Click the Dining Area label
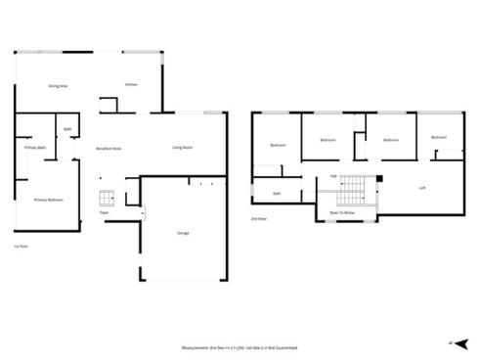click(x=58, y=86)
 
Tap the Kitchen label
click(x=131, y=84)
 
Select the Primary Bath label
click(x=22, y=148)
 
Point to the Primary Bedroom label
click(x=48, y=200)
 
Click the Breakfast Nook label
click(x=109, y=148)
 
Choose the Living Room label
click(x=182, y=148)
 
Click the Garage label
click(x=183, y=233)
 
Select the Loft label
click(x=422, y=187)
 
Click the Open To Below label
click(x=341, y=211)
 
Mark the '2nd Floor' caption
click(x=258, y=219)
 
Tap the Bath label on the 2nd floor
click(x=277, y=194)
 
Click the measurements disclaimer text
click(x=239, y=347)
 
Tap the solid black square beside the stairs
click(x=379, y=179)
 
